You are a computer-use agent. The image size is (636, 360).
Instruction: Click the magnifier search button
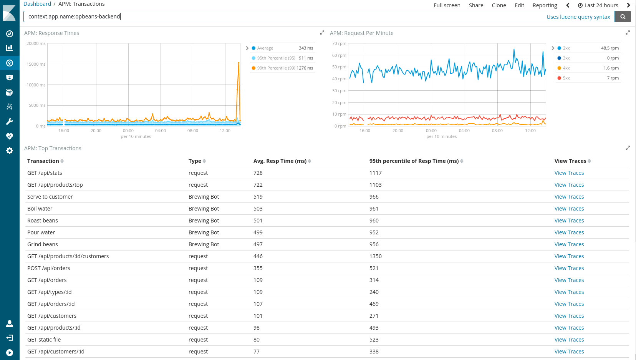point(623,17)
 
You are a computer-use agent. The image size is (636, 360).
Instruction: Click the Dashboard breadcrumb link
point(37,4)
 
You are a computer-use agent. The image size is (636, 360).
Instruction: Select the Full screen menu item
point(447,5)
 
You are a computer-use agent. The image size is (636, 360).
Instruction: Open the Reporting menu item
point(545,5)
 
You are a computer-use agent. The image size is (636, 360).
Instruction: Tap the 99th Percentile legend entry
point(276,68)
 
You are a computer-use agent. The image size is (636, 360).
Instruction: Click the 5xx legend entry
point(566,78)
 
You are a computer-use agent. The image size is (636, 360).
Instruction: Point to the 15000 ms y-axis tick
point(36,64)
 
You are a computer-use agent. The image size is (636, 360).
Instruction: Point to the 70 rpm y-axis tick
point(339,43)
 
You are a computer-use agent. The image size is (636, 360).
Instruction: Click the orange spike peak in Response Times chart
point(239,63)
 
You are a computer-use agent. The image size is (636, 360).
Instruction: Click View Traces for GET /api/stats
point(569,173)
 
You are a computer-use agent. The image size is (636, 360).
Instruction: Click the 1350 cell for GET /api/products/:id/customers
point(375,256)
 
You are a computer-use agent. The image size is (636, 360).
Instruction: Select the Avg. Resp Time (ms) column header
point(280,161)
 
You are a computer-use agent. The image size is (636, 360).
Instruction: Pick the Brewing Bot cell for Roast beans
point(204,221)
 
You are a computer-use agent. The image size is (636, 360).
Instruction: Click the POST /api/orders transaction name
point(49,268)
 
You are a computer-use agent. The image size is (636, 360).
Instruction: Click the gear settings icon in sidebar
point(10,151)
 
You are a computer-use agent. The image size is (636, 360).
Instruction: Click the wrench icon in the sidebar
point(10,121)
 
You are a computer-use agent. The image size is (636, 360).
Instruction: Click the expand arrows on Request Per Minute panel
point(628,33)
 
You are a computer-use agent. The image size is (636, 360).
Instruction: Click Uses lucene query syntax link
point(578,17)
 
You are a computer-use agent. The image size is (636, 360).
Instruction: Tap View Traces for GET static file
point(569,340)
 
